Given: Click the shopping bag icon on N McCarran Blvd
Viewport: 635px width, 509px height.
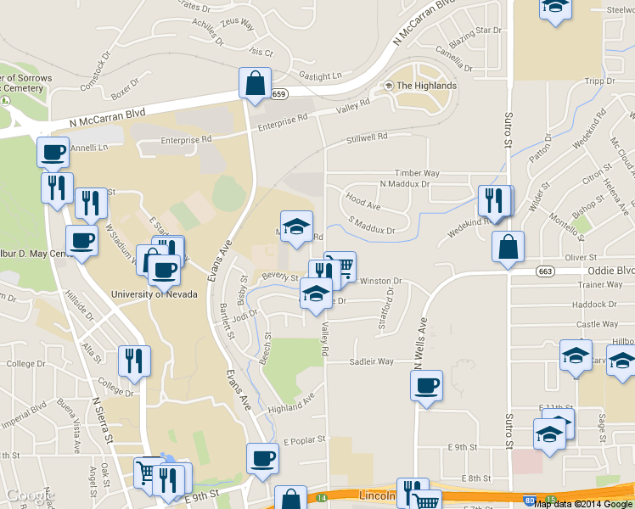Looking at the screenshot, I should click(x=255, y=84).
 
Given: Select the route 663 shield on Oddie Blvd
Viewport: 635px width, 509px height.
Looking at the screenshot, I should click(x=545, y=271).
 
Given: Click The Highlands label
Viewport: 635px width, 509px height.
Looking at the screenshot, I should click(x=426, y=86).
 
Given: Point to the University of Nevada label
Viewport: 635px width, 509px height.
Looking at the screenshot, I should click(x=155, y=294).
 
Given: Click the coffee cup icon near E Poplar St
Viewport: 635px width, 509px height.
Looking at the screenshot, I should click(x=262, y=459).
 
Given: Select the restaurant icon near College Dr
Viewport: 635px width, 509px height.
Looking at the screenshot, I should click(x=134, y=361).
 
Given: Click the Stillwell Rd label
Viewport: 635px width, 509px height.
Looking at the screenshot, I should click(x=367, y=137).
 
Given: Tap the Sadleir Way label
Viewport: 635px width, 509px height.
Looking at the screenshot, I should click(x=372, y=361).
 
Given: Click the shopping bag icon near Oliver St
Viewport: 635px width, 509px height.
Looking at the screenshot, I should click(x=508, y=247).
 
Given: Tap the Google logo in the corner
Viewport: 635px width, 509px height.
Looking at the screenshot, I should click(x=29, y=495).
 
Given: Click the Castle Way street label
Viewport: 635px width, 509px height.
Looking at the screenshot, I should click(x=597, y=324).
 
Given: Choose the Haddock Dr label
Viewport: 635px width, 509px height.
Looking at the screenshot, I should click(x=593, y=305).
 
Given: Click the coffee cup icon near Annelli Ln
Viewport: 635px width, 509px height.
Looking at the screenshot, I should click(x=53, y=154).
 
